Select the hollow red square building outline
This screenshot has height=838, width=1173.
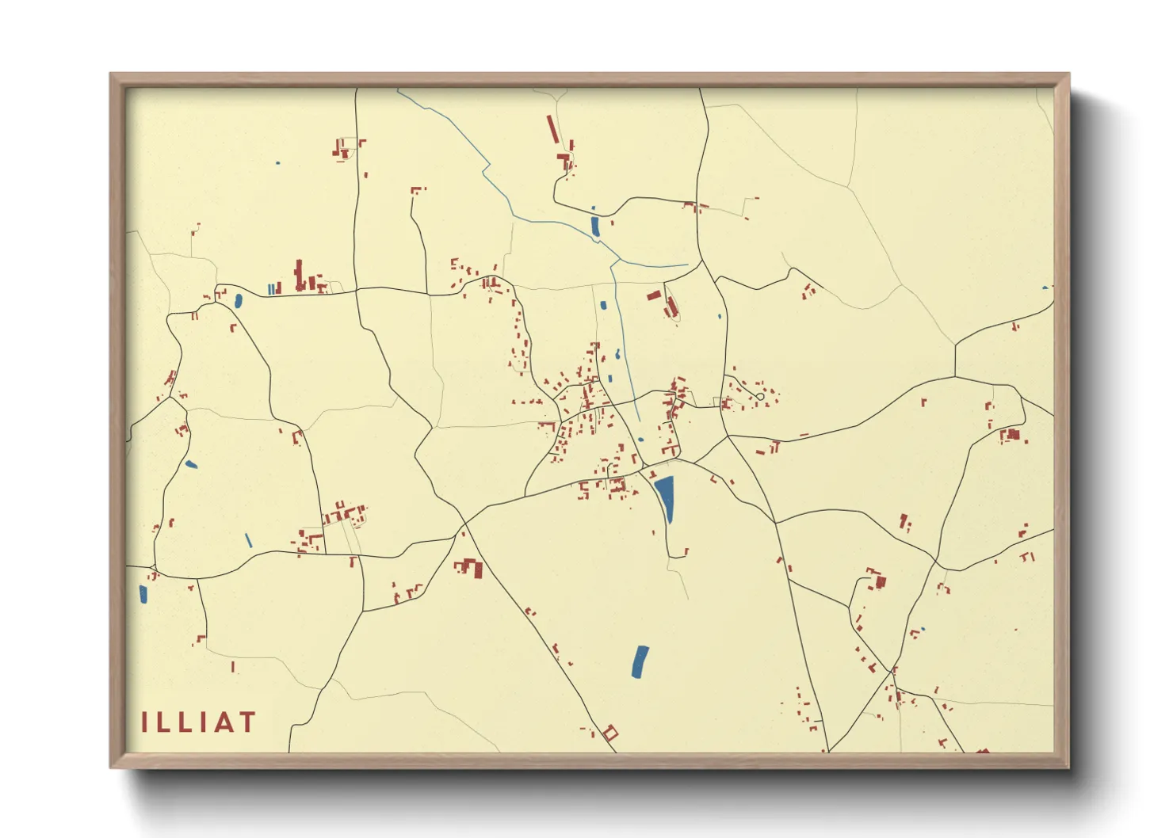[x=609, y=733]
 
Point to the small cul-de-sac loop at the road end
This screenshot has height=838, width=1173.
[x=760, y=396]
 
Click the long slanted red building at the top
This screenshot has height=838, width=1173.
[x=552, y=128]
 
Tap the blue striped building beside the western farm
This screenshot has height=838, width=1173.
[x=273, y=289]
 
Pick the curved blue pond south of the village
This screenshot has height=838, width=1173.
[x=640, y=662]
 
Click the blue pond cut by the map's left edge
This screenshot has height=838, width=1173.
[x=143, y=594]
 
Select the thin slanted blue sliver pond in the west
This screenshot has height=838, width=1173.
[x=248, y=540]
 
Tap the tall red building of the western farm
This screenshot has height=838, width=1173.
[x=299, y=275]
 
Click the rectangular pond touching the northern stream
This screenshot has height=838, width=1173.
[x=594, y=227]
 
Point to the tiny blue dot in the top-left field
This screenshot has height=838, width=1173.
[x=277, y=163]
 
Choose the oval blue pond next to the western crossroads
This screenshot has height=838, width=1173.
[x=238, y=301]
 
